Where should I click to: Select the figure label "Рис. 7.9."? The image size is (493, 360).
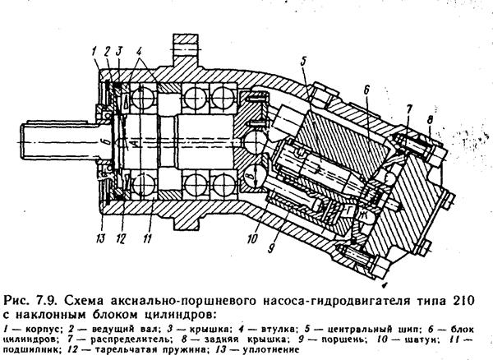pos(27,295)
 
